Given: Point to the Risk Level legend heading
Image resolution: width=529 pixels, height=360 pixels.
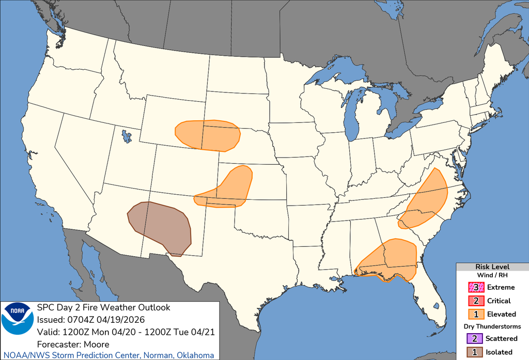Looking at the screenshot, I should pos(492,267).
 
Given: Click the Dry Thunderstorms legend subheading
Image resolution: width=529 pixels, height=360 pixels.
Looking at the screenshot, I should pos(492,326).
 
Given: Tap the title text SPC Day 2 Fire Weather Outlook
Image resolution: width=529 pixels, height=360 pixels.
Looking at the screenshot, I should pos(103,307).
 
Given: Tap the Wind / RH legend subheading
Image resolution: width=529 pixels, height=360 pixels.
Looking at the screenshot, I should pos(492,275).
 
